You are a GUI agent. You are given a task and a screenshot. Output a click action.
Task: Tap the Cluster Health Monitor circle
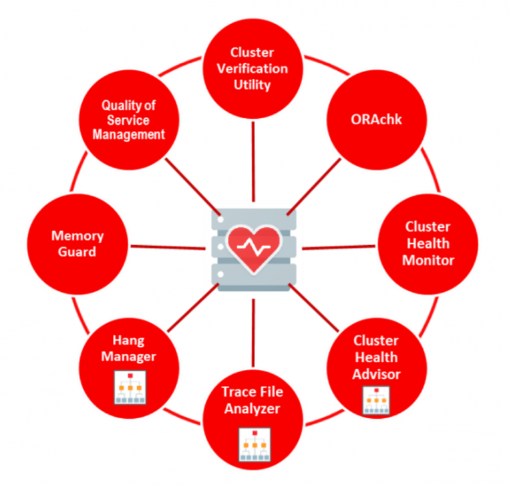click(428, 243)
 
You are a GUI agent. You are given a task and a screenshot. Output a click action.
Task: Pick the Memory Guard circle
click(77, 243)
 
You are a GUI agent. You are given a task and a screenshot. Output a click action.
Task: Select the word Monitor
click(428, 260)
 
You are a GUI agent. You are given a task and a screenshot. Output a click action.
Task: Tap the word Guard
click(78, 252)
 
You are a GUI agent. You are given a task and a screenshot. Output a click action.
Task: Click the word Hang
click(129, 341)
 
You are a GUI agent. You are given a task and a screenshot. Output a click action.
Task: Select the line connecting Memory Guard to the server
click(167, 247)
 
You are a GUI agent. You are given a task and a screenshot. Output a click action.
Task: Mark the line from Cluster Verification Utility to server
click(254, 160)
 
